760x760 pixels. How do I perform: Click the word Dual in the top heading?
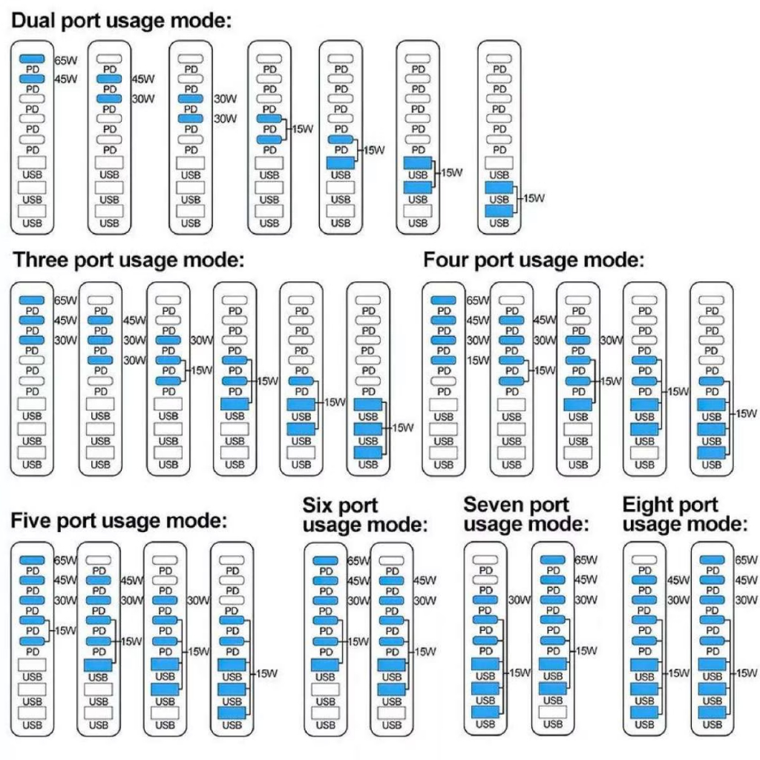coord(33,22)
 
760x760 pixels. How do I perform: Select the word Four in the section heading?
coord(445,261)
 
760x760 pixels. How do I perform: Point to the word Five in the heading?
coord(33,521)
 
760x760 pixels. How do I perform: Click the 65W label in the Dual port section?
coord(66,60)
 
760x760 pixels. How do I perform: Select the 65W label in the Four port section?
coord(478,301)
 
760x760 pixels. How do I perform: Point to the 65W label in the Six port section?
coord(359,561)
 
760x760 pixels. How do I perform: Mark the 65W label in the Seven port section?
coord(586,560)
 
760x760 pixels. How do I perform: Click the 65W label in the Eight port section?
coord(746,560)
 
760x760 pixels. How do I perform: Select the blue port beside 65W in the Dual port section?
coord(32,59)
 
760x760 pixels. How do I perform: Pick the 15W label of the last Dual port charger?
coord(534,198)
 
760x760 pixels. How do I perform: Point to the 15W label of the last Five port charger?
coord(267,674)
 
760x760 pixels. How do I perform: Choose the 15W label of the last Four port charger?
coord(747,413)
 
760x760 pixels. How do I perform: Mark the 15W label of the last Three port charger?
coord(402,428)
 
